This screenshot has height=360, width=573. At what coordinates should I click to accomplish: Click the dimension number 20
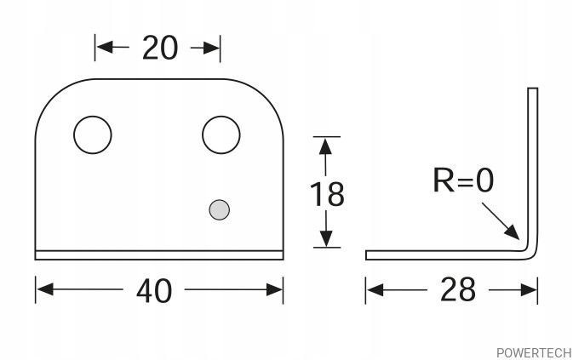[160, 48]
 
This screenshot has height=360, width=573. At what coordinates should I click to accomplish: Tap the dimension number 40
[154, 291]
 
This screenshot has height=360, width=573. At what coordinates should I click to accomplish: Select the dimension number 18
[327, 194]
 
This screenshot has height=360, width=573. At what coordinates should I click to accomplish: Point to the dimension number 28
[458, 289]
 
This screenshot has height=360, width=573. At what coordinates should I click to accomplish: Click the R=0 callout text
[463, 180]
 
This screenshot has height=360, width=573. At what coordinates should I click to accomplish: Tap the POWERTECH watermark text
[535, 353]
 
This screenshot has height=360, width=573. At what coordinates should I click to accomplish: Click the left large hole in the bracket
[93, 134]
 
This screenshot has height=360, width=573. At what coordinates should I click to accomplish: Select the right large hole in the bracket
[221, 134]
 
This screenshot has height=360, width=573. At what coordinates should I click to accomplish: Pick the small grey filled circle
[220, 210]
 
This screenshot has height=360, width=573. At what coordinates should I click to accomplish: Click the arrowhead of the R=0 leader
[513, 232]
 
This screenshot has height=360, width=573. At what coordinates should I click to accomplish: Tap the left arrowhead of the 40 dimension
[44, 289]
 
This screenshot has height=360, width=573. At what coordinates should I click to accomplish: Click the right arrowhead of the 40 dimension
[274, 289]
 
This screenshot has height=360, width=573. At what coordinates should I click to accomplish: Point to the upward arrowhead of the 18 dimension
[325, 146]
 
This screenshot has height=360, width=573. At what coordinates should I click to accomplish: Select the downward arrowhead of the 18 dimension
[325, 238]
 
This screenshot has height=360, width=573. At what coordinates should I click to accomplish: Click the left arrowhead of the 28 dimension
[375, 290]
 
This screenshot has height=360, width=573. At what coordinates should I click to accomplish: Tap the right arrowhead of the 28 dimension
[529, 290]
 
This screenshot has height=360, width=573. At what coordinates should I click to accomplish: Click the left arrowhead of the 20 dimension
[105, 47]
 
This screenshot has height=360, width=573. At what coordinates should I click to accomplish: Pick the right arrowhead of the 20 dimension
[211, 48]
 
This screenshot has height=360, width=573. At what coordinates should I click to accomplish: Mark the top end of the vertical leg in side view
[532, 88]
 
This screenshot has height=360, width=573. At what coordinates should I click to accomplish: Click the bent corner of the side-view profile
[532, 254]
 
